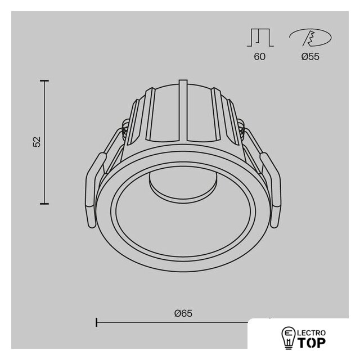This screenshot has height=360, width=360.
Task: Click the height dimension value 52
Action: [37, 142]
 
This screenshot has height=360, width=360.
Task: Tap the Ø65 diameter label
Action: [183, 313]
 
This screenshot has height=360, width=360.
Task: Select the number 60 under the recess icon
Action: [260, 56]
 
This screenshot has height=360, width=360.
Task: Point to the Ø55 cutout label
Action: [310, 56]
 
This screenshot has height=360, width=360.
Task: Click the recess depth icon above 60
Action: [260, 38]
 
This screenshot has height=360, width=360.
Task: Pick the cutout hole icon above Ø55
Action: [310, 38]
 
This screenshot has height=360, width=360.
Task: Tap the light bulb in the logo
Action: [289, 337]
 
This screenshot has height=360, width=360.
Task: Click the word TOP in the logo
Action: [312, 343]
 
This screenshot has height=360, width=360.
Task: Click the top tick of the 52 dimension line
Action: [44, 81]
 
